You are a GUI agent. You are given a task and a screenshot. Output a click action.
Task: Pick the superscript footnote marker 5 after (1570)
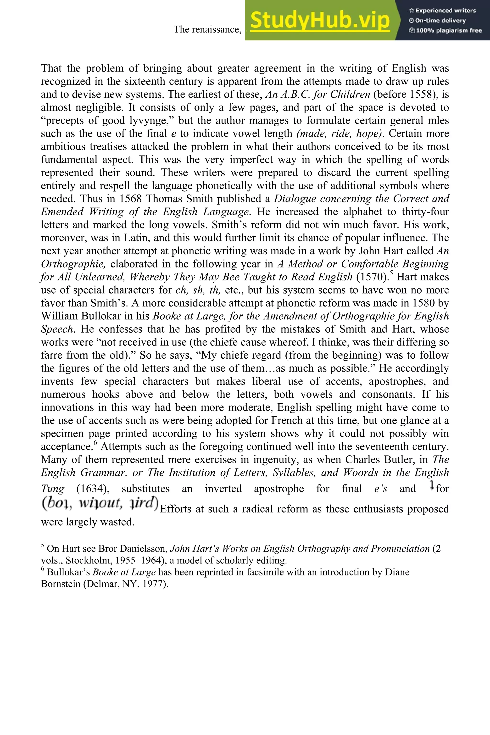[x=392, y=274]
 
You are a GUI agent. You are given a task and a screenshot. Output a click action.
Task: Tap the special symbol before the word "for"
[x=432, y=485]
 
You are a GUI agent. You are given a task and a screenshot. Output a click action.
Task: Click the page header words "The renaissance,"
[x=207, y=29]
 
